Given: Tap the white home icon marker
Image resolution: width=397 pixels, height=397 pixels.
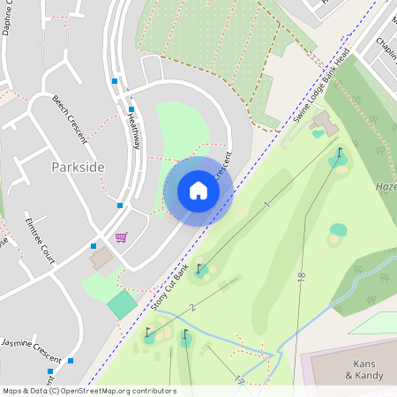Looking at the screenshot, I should [198, 191].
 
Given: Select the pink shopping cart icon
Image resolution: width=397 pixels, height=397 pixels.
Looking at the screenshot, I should [121, 237].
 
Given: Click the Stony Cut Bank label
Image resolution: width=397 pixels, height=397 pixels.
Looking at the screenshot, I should [169, 284].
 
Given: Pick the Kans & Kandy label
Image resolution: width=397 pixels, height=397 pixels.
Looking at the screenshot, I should [365, 370].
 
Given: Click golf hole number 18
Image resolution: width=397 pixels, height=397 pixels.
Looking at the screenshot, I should [301, 276].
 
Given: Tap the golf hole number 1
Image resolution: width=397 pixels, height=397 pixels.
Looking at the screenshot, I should [266, 205].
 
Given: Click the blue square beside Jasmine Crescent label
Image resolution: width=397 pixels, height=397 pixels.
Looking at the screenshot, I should [71, 360].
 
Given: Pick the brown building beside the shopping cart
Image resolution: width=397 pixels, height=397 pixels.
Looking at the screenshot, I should [101, 258].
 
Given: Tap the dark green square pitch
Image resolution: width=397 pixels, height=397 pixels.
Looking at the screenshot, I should [122, 305].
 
